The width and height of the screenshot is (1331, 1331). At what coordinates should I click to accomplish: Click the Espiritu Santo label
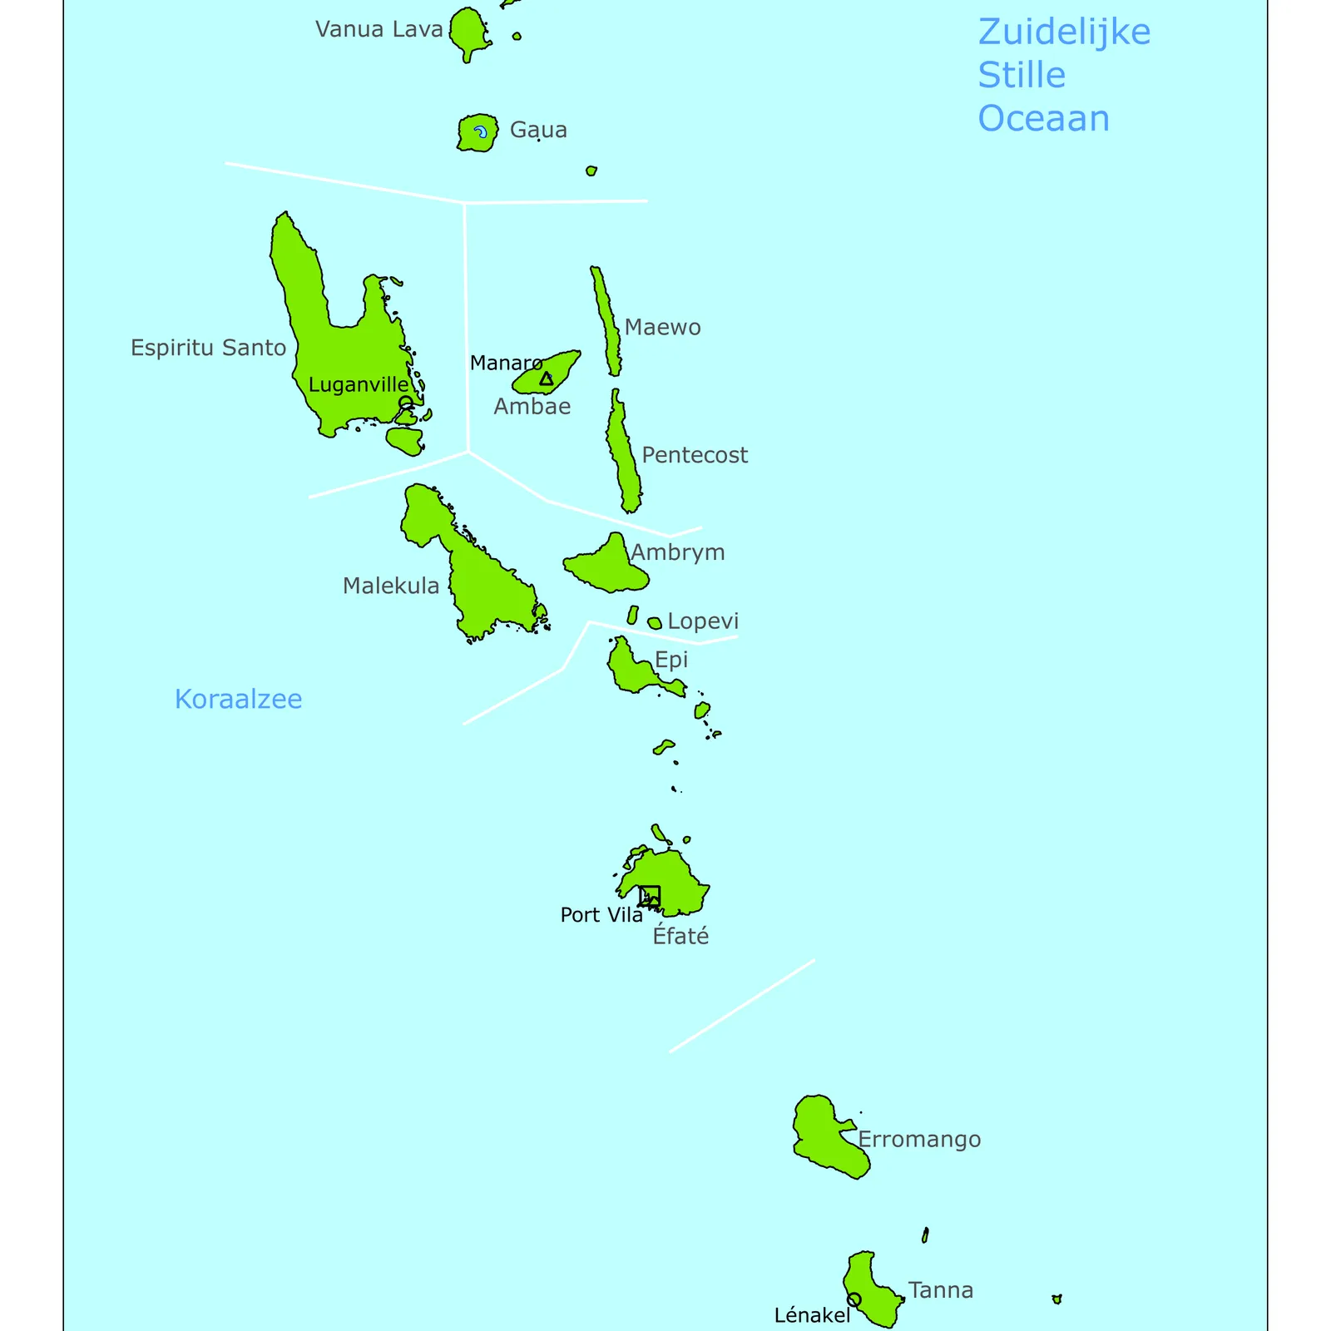click(x=208, y=348)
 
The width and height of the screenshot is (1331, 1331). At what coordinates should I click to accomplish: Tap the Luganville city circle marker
click(x=406, y=403)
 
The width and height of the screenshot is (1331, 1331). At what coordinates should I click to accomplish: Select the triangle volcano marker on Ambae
click(x=546, y=379)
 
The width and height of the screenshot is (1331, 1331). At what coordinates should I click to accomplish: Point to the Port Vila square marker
click(x=650, y=896)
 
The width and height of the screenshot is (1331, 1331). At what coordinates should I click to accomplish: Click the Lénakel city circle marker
click(x=854, y=1299)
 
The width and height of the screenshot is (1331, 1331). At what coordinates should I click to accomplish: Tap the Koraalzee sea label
click(x=238, y=699)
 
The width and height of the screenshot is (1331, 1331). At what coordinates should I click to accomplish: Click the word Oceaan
click(x=1043, y=119)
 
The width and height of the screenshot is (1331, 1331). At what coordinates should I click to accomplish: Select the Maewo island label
click(x=662, y=327)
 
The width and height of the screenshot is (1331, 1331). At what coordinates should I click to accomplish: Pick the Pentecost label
click(x=695, y=455)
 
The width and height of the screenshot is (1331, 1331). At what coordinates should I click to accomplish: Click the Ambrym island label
click(x=678, y=552)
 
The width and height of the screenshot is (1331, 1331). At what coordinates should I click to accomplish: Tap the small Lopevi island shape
click(x=655, y=623)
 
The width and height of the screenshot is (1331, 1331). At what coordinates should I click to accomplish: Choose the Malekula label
click(x=391, y=586)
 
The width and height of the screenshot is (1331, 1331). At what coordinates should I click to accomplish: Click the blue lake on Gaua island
click(x=481, y=131)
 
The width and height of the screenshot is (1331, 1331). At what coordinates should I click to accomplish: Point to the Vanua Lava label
click(x=379, y=29)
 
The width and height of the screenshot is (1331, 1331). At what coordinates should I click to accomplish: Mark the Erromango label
click(x=919, y=1140)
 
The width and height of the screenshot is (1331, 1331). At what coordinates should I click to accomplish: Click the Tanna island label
click(x=941, y=1290)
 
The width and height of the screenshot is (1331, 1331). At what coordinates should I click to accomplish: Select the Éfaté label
click(x=680, y=936)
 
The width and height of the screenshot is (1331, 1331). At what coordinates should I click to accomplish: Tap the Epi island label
click(x=671, y=660)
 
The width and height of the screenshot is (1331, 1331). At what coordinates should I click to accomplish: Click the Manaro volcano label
click(x=506, y=363)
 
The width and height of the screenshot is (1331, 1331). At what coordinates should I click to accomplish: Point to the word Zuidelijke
click(x=1064, y=32)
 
